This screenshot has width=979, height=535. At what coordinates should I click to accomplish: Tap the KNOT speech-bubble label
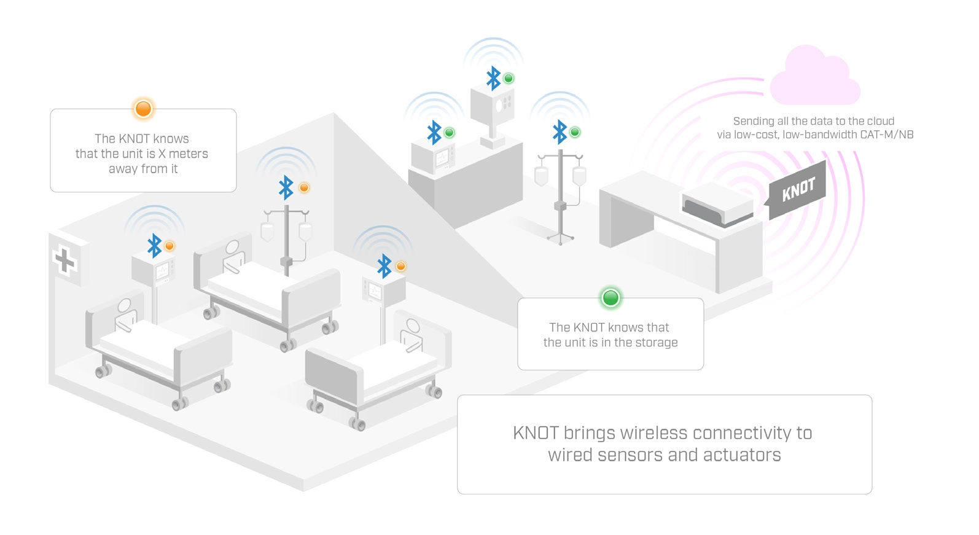tap(798, 190)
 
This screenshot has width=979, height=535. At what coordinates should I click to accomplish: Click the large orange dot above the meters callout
tap(143, 109)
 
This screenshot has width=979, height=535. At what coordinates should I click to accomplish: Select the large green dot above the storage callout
tap(610, 298)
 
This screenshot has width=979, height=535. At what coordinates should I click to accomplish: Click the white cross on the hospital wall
tap(64, 260)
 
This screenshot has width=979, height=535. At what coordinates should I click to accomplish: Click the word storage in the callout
tap(657, 343)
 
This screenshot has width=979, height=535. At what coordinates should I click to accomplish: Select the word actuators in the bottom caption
tap(742, 455)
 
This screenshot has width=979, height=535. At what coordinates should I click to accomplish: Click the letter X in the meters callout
tap(162, 154)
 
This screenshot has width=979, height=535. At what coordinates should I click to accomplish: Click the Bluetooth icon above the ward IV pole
tap(286, 188)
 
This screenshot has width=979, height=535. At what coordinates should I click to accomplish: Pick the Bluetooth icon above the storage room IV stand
tap(560, 132)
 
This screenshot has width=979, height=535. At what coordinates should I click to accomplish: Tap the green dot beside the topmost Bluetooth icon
tap(509, 79)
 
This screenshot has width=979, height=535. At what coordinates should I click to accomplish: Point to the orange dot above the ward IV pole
tap(304, 188)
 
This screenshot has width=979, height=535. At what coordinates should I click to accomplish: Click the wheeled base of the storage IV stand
tap(560, 238)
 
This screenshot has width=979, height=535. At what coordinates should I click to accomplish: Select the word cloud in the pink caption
tap(880, 121)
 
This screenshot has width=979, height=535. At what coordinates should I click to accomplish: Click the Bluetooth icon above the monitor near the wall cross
tap(154, 246)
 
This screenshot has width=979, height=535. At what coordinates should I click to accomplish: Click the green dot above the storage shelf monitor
tap(450, 133)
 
